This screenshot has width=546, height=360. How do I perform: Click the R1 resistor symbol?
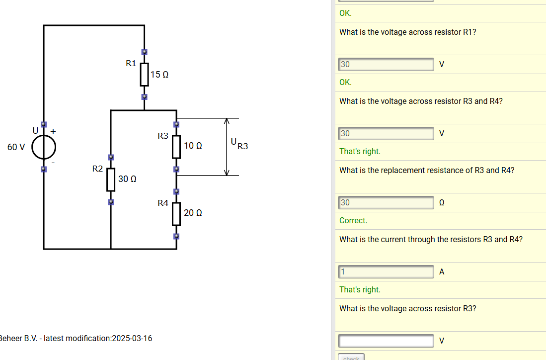click(x=144, y=74)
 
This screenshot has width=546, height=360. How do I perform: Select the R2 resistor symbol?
click(x=111, y=180)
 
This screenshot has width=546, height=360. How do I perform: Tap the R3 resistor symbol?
click(x=176, y=146)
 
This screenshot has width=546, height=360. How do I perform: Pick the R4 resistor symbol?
click(x=176, y=213)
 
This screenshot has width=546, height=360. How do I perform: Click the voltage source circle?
click(x=44, y=147)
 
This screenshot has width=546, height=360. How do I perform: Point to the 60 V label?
click(x=16, y=147)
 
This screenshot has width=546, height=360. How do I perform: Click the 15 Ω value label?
click(x=159, y=75)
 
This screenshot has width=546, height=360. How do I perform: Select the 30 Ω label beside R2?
click(x=127, y=179)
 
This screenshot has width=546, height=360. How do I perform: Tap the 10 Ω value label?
click(x=193, y=146)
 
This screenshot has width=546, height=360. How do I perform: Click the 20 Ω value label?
click(x=193, y=213)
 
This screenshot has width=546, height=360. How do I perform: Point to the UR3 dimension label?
click(x=239, y=144)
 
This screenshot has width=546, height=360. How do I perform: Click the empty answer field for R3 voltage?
click(x=386, y=341)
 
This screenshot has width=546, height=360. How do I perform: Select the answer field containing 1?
click(x=386, y=271)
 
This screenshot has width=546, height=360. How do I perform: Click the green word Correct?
click(x=353, y=220)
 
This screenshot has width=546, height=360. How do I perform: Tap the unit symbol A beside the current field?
click(x=442, y=271)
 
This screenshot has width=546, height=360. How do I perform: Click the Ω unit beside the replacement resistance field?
click(x=442, y=202)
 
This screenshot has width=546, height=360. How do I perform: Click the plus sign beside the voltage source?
click(x=53, y=131)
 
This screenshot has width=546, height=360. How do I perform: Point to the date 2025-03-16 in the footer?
click(x=132, y=339)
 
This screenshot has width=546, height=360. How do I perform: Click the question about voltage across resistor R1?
click(x=408, y=32)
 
